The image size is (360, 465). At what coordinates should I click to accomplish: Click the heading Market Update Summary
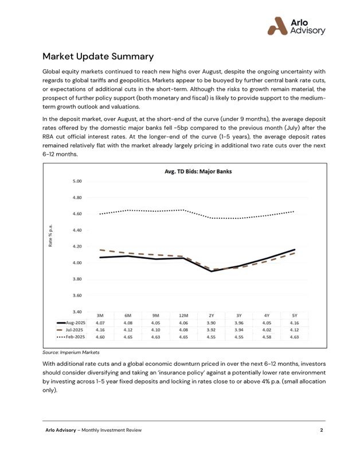98,57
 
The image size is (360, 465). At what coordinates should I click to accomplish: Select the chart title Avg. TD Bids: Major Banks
197,172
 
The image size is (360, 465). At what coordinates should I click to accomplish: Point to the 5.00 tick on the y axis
76,181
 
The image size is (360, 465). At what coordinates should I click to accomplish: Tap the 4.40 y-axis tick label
76,230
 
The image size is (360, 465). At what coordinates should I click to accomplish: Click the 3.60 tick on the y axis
76,295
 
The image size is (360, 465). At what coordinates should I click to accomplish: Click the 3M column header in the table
100,316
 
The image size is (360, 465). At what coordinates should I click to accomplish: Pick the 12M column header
183,316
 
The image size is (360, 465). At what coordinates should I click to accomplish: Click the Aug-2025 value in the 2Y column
212,322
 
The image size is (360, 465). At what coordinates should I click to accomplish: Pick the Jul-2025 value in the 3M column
100,330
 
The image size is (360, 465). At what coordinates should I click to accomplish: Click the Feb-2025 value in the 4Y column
267,337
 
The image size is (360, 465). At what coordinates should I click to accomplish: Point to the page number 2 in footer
322,429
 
